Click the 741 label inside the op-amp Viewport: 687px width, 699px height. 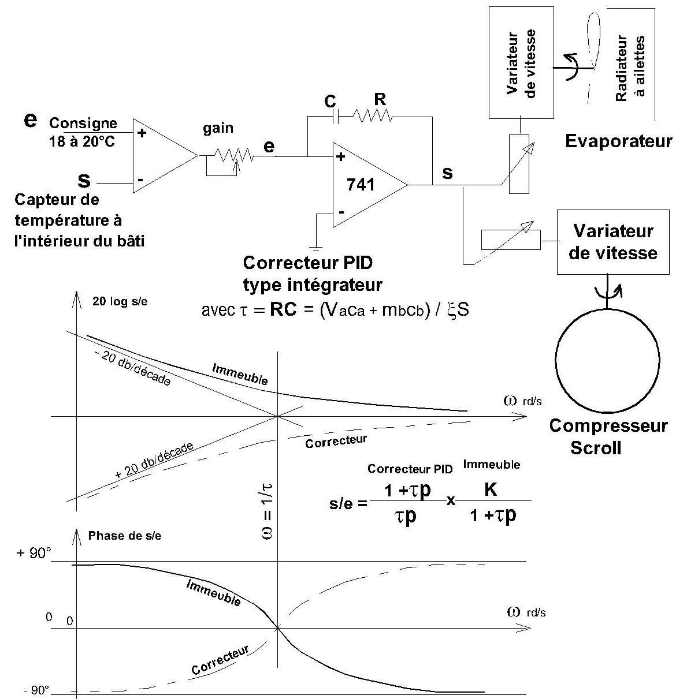(360, 185)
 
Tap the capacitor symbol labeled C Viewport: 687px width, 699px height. (336, 117)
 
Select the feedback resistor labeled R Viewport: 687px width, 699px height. (372, 117)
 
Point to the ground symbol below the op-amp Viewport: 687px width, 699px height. (316, 249)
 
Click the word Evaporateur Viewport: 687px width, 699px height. (618, 141)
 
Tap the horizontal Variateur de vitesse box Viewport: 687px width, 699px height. (613, 242)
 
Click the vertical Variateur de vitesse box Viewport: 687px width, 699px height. (521, 62)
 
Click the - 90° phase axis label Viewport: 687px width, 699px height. (36, 690)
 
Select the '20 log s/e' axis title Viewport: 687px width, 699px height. (120, 301)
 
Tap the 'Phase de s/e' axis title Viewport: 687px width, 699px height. (125, 536)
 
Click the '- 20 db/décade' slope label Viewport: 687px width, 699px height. (132, 368)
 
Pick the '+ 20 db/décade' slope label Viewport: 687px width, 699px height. (154, 461)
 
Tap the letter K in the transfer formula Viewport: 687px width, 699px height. (490, 489)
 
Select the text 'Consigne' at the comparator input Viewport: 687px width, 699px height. (83, 124)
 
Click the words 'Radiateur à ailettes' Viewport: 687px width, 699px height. (630, 68)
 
